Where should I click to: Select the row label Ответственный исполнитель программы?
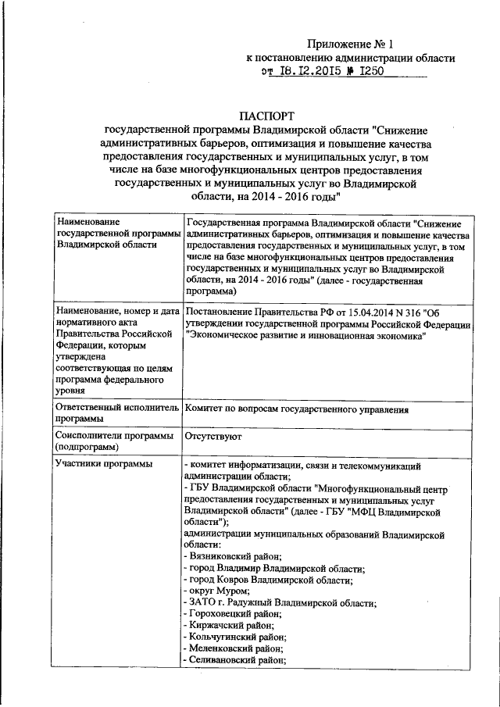point(116,413)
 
